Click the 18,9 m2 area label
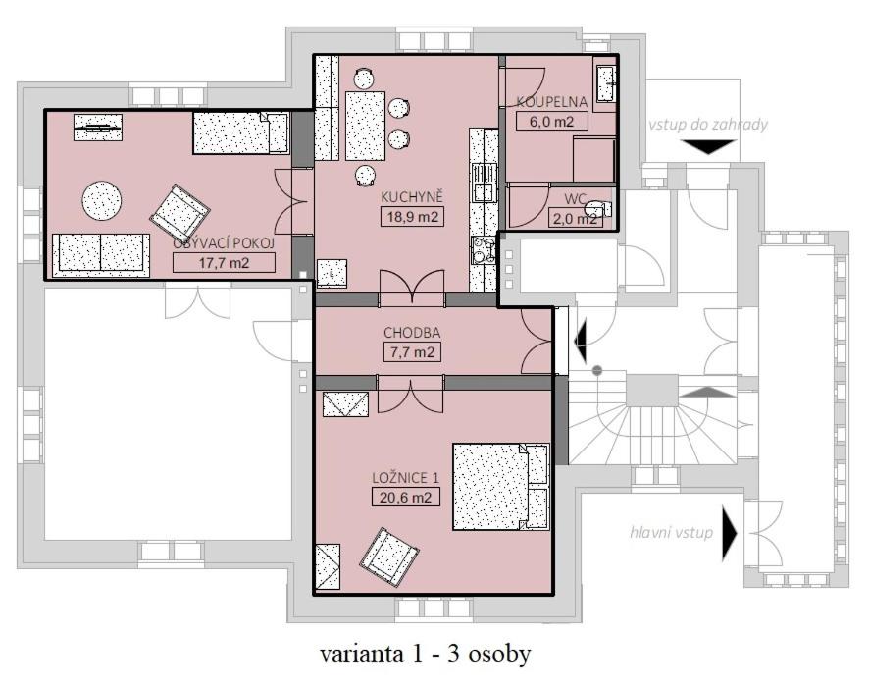coord(413,216)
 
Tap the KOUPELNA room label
coord(551,102)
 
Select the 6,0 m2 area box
coord(551,121)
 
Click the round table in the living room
coord(102,201)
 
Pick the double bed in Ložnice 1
coord(501,487)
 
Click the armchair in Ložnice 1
coord(389,557)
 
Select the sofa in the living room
coord(100,255)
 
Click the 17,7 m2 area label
coord(224,263)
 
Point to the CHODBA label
coord(412,333)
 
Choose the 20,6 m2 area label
coord(406,497)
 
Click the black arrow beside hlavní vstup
coord(730,533)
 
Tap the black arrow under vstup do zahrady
coord(708,147)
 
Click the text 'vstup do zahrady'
coord(708,125)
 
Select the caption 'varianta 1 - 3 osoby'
coord(425,654)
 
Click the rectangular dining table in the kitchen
coord(365,126)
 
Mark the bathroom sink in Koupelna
coord(606,83)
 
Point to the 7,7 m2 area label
coord(412,352)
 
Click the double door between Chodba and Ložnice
coord(411,395)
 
